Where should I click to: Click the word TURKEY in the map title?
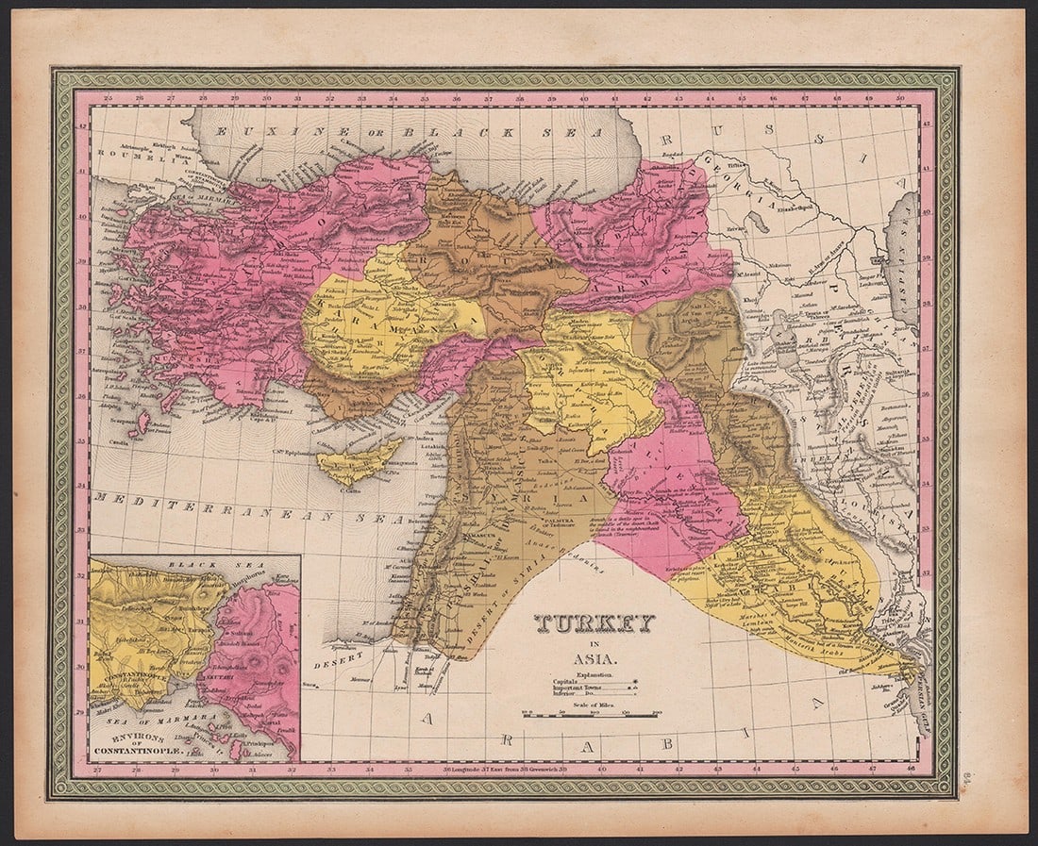tap(594, 624)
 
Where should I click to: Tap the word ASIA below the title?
tap(594, 659)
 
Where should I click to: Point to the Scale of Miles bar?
tap(590, 716)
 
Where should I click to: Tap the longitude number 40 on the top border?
tap(584, 97)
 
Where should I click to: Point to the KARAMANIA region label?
tap(377, 318)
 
